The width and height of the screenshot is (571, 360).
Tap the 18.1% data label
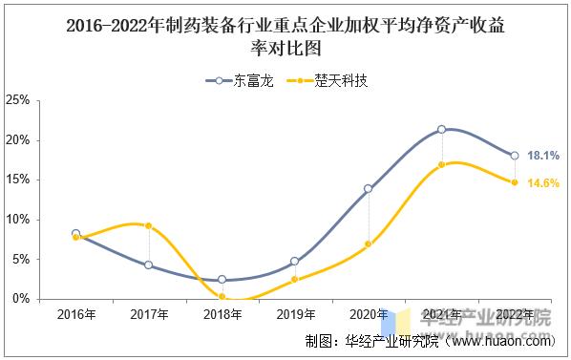[x=542, y=155]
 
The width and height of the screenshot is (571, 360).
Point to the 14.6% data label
[x=542, y=182]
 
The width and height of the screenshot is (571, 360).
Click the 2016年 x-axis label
[x=75, y=315]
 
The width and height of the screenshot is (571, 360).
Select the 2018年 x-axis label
[x=222, y=315]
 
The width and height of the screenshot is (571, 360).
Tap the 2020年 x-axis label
[x=368, y=315]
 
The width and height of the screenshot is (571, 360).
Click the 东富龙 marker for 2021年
[x=441, y=129]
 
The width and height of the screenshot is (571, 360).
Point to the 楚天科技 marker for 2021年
[x=441, y=165]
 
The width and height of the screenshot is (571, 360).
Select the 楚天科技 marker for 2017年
[x=149, y=225]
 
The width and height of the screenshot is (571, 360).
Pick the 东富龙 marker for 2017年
[x=149, y=265]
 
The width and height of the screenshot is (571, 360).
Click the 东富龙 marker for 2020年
[x=368, y=188]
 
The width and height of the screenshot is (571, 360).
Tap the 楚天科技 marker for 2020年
[x=368, y=244]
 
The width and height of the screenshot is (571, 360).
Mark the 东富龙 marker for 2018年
[x=222, y=280]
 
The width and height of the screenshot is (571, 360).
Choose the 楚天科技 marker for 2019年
[x=295, y=279]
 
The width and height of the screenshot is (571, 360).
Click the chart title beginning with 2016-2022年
[x=285, y=36]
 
